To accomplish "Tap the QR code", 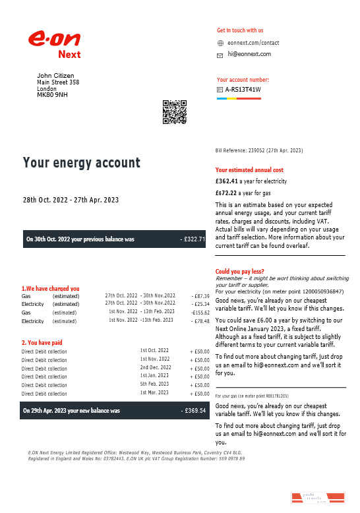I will (x=175, y=111).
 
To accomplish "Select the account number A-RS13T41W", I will (x=243, y=90).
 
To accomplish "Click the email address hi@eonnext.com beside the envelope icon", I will (x=249, y=54).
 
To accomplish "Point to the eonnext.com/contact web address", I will (x=253, y=43).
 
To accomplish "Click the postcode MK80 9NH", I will (x=52, y=95).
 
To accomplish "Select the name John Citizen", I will (x=55, y=76).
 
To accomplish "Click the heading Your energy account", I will (x=82, y=163).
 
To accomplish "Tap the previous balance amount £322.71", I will (x=193, y=239).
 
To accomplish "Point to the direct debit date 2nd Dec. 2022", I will (x=156, y=367).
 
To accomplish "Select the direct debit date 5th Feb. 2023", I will (x=154, y=384).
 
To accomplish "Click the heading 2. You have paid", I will (x=43, y=342).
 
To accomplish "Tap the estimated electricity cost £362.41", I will (x=227, y=180).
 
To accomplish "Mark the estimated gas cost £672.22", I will (x=227, y=193).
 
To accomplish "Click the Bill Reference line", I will (x=258, y=150).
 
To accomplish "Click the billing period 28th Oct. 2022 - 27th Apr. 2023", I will (x=71, y=200).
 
